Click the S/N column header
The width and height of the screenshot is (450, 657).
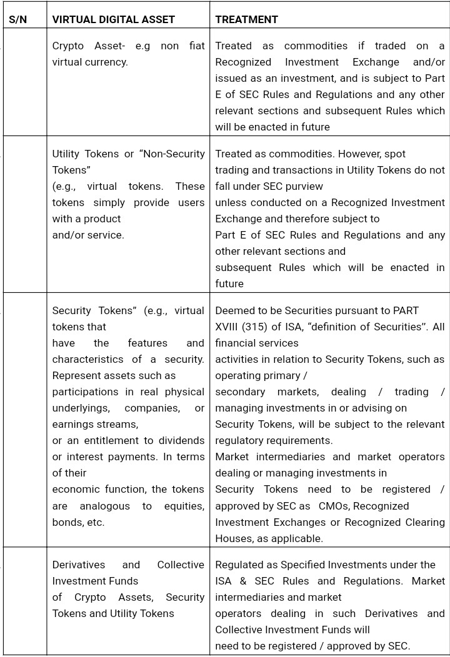point(18,19)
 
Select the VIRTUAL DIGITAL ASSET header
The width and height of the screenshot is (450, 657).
point(113,19)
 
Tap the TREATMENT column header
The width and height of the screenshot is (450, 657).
point(246,19)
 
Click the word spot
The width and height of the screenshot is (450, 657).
point(394,154)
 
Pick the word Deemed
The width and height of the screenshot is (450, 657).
point(233,310)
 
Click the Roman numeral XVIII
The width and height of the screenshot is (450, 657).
point(230,327)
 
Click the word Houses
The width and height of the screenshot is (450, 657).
point(232,538)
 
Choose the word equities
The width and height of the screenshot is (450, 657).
point(183,506)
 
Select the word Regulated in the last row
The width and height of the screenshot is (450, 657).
point(240,565)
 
